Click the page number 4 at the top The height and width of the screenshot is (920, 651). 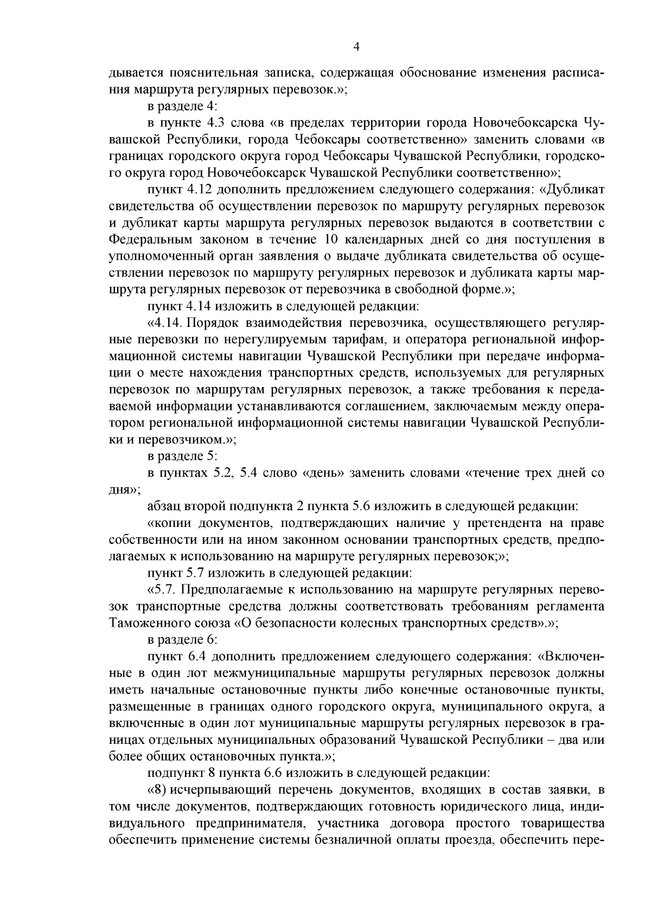[x=356, y=47]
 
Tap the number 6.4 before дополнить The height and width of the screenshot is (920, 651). [x=197, y=657]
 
